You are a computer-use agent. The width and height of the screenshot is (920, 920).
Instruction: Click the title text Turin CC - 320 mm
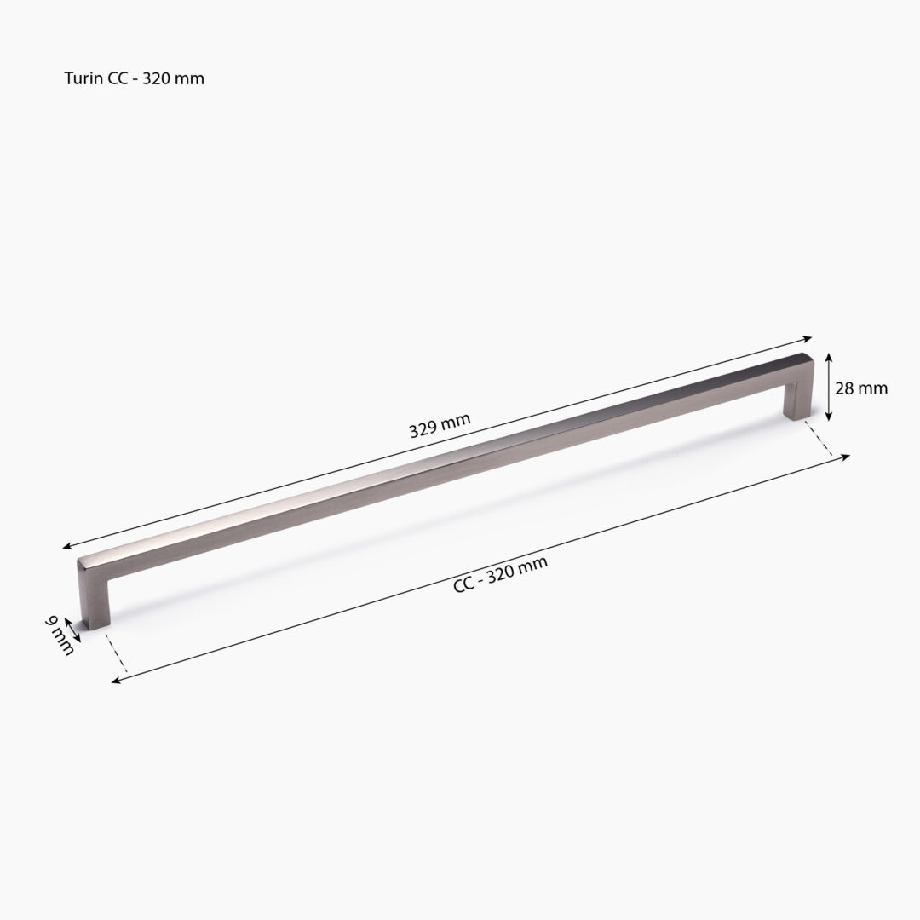134,78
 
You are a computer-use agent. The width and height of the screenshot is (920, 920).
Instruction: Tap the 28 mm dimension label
861,388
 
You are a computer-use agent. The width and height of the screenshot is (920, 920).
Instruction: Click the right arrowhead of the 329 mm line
808,337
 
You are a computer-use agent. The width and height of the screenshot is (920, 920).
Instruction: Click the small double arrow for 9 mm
73,630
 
